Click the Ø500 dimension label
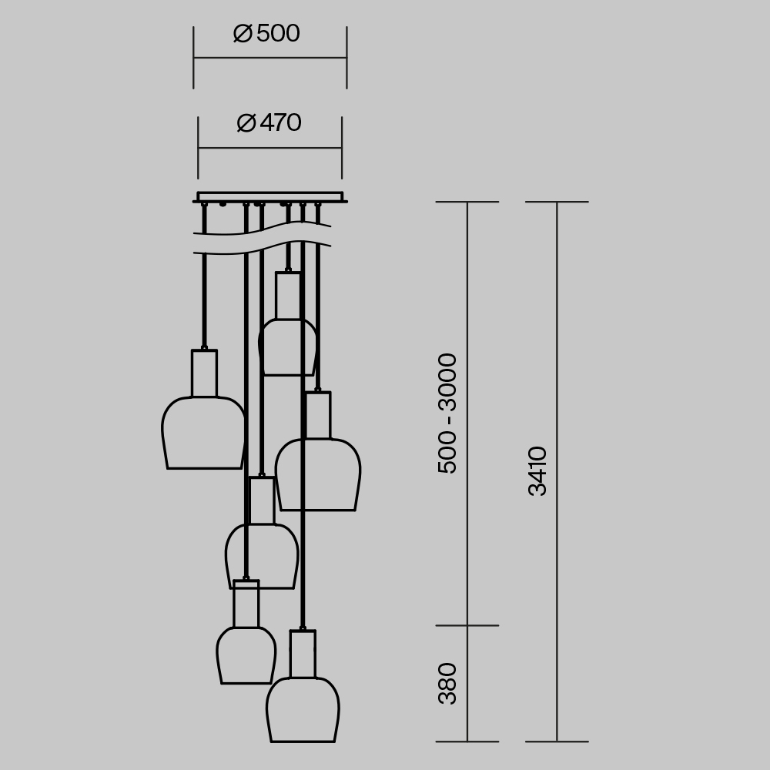266,34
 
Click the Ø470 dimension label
269,123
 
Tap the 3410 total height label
537,470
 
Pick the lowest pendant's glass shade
303,711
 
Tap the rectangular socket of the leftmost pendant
204,373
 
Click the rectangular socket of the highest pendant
288,296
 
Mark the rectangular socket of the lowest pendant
303,654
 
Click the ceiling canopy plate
269,196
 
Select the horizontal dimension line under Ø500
269,58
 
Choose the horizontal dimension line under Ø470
269,148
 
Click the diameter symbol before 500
243,34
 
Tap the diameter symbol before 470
246,123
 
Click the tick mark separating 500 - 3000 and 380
467,625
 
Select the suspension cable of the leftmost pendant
204,293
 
